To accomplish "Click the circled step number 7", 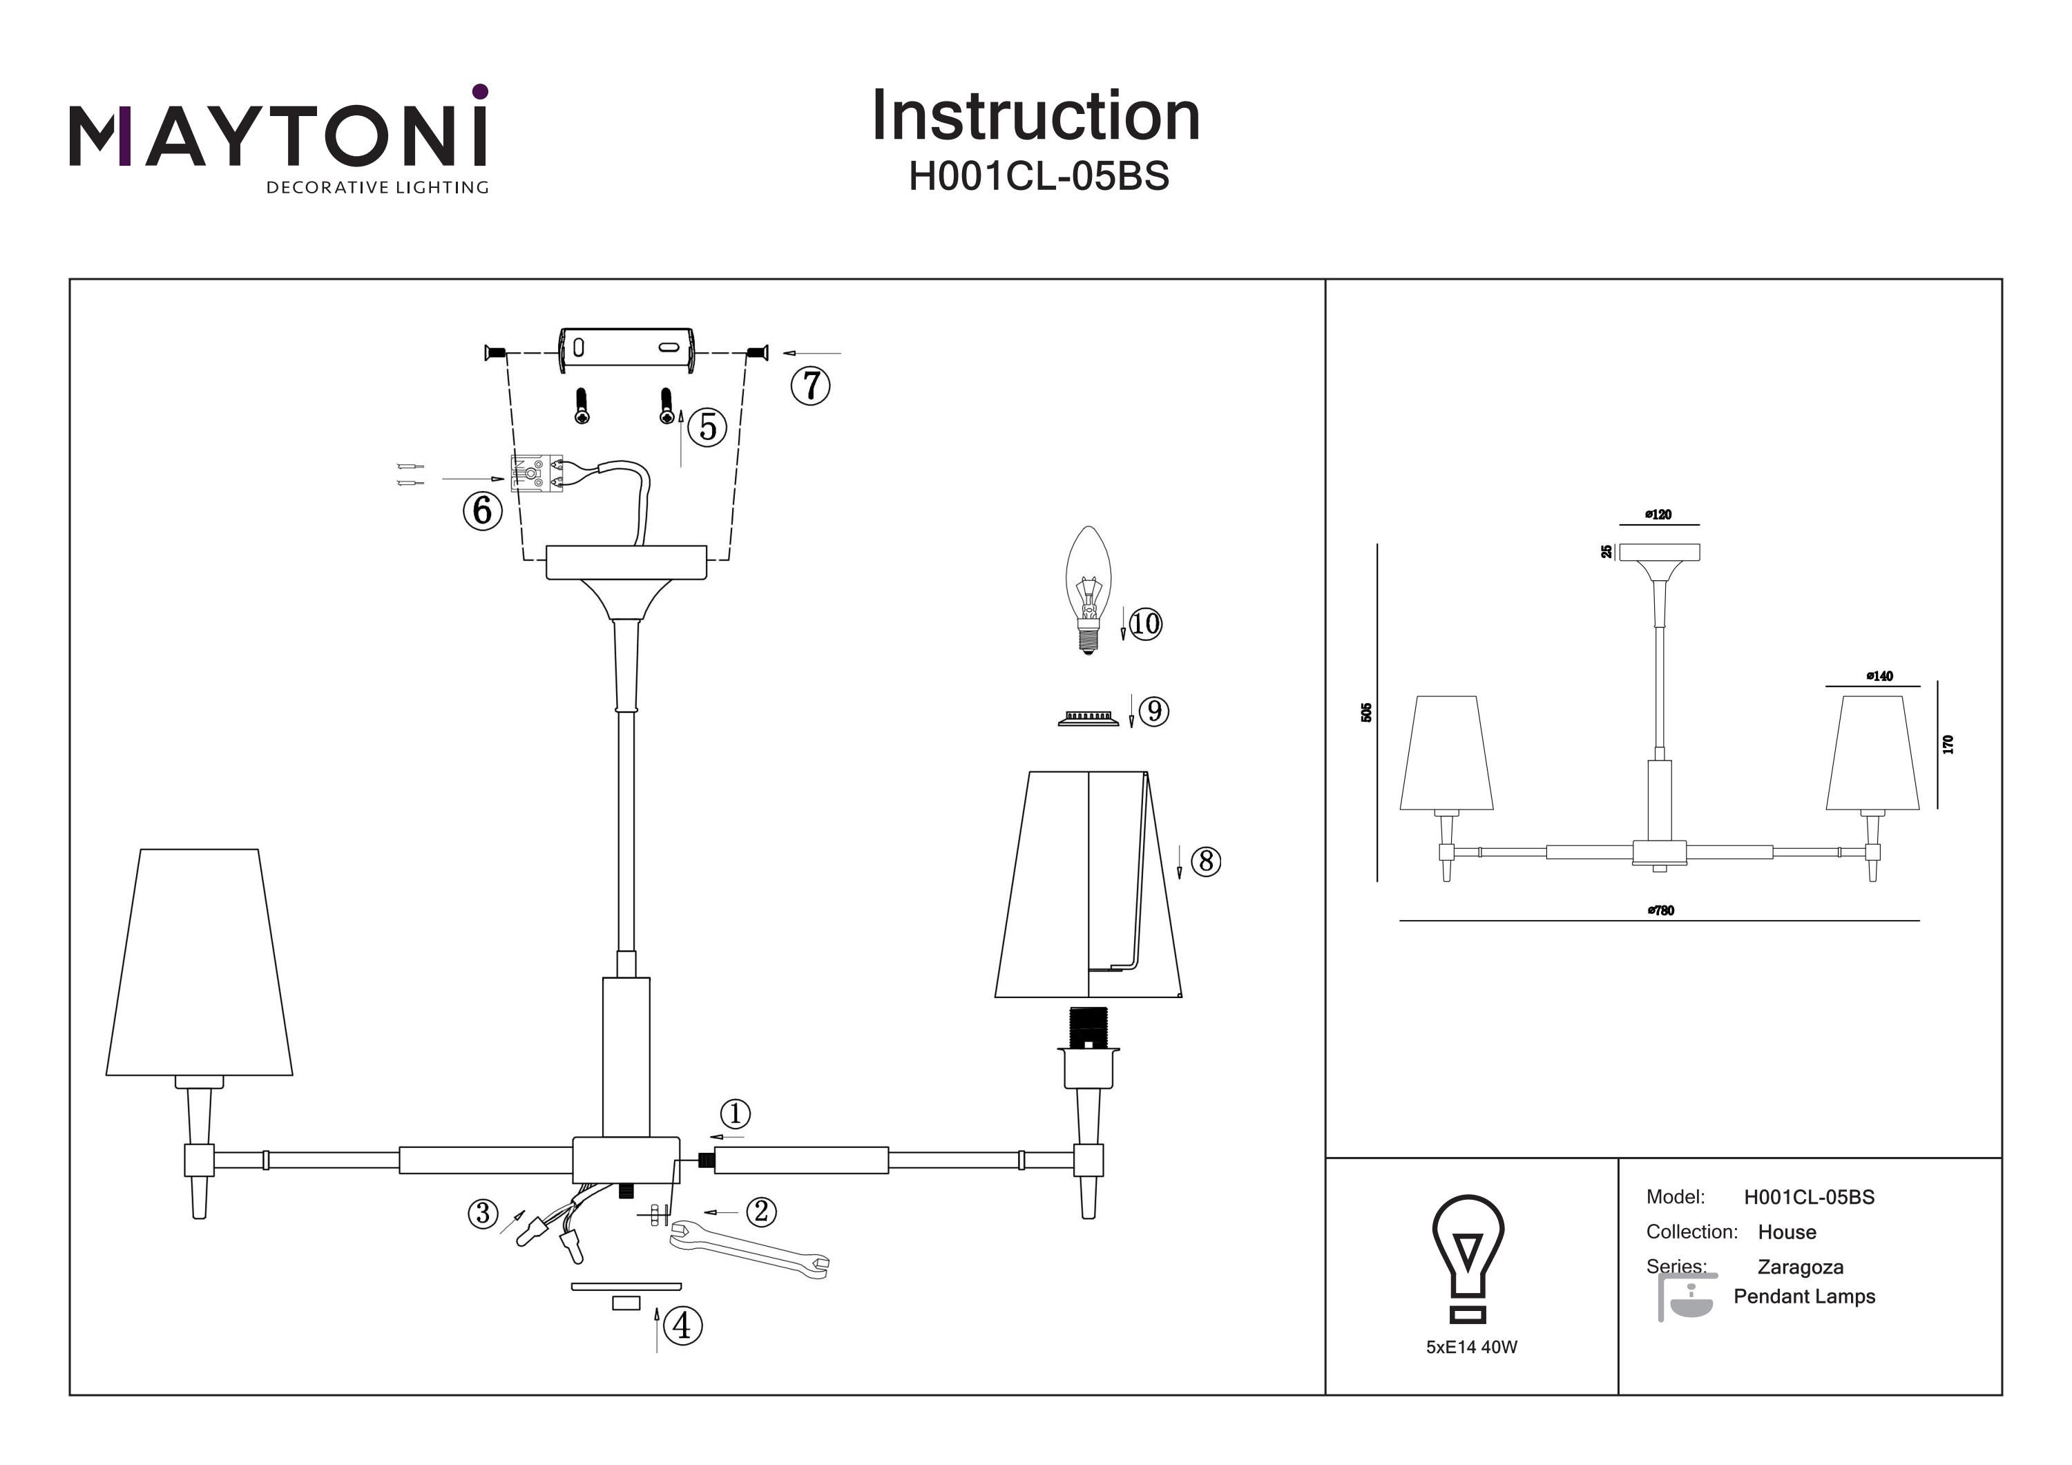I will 809,385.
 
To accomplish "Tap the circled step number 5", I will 707,427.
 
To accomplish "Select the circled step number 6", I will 483,511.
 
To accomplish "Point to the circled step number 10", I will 1145,624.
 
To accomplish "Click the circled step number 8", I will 1206,861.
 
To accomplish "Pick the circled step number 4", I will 682,1326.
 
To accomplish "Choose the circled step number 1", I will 736,1114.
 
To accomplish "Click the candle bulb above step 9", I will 1088,586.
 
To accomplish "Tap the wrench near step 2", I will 749,1249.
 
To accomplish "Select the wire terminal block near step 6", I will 537,474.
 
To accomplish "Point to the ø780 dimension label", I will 1660,911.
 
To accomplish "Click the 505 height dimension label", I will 1366,712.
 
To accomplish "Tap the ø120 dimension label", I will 1659,515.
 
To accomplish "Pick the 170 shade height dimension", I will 1948,745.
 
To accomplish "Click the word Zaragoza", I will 1801,1267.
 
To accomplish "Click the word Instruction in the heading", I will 1036,117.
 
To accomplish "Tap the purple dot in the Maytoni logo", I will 480,91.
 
